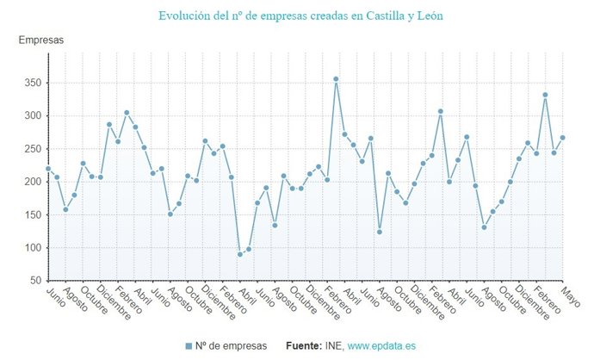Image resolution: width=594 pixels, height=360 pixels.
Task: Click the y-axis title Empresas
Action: pos(41,40)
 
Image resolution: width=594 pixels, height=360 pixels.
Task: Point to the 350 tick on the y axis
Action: pos(32,83)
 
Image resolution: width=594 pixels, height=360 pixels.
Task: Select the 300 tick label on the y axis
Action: pos(32,115)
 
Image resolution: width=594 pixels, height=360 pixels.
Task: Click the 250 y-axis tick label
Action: pos(32,149)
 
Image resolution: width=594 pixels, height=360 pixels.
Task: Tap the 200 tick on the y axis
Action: pos(32,182)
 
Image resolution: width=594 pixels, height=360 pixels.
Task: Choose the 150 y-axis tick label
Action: pos(32,214)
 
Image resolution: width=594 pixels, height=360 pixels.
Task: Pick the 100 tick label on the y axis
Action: pos(32,248)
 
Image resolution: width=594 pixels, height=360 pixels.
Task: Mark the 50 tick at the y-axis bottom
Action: pos(34,281)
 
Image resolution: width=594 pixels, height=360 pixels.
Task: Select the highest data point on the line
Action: pos(336,79)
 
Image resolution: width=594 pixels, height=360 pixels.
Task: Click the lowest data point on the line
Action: pos(240,254)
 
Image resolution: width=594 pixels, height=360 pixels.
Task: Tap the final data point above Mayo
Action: pos(562,138)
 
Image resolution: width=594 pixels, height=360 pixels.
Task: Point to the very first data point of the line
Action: pos(48,169)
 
